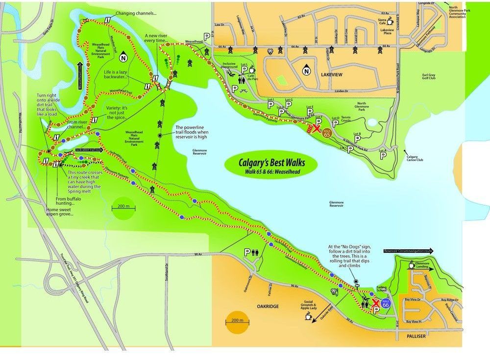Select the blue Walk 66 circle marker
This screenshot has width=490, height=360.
[386, 304]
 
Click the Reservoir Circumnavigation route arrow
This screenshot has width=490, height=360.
[409, 250]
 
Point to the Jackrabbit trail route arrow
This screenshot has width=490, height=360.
[89, 151]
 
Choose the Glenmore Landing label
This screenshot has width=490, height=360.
[421, 264]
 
